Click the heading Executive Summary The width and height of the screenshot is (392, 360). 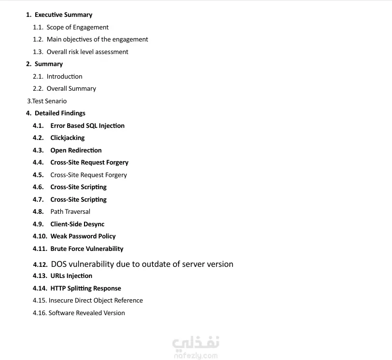(63, 15)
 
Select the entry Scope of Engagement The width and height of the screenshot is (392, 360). (77, 28)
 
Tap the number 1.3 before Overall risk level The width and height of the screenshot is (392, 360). (38, 52)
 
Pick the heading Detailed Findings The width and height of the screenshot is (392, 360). (60, 113)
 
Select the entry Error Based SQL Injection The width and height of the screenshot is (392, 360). (87, 126)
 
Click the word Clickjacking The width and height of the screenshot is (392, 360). (68, 138)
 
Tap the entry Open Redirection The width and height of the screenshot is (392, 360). (76, 151)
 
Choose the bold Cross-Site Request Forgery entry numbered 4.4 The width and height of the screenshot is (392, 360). (89, 163)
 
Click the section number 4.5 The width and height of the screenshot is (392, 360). (38, 175)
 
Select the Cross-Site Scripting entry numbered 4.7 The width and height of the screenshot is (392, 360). (78, 200)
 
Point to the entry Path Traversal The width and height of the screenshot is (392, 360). (70, 212)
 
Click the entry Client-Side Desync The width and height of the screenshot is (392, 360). (77, 224)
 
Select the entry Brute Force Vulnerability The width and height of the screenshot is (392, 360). (87, 249)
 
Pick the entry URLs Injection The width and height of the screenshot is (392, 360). (71, 276)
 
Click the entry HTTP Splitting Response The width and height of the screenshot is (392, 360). (85, 289)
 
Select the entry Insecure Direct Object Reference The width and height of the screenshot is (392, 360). (96, 301)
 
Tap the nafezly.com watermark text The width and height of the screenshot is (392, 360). (196, 356)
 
